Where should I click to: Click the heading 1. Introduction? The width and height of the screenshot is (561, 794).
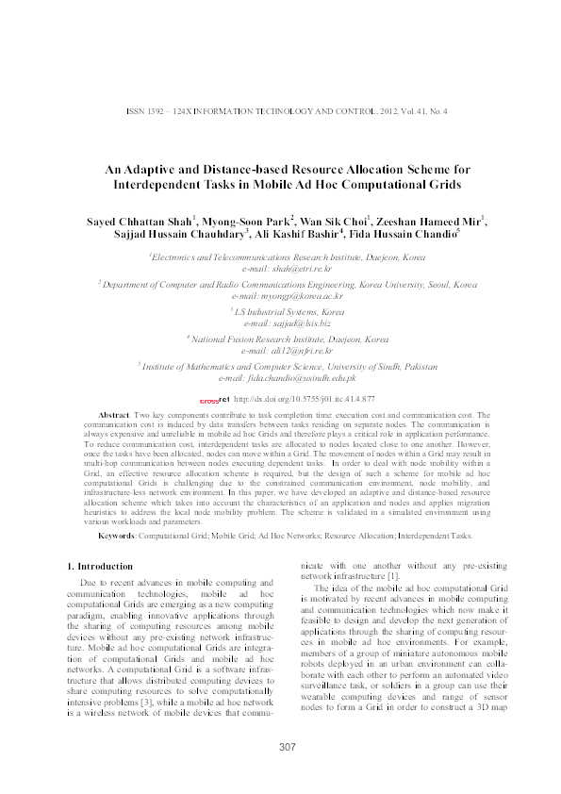click(103, 566)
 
